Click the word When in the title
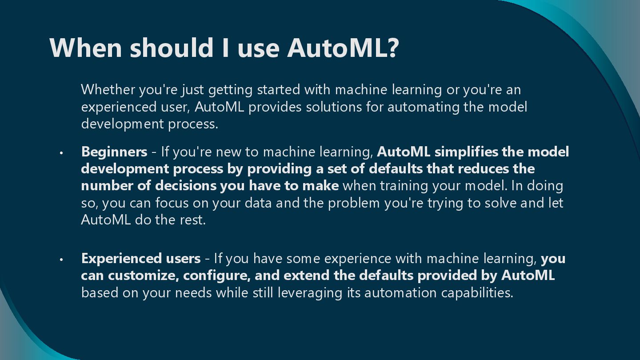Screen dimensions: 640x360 [x=85, y=48]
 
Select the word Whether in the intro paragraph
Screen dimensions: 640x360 [x=108, y=90]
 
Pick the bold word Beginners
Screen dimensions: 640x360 [x=114, y=152]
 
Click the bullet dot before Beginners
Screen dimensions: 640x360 [x=62, y=153]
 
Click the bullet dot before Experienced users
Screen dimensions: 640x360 [x=62, y=259]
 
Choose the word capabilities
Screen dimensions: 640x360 [x=477, y=293]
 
